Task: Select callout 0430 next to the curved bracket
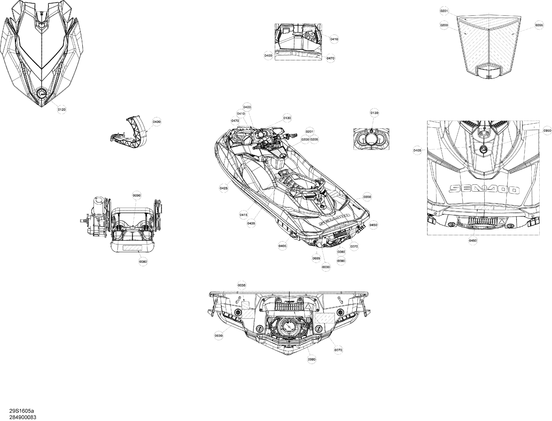[157, 122]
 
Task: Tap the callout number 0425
[224, 188]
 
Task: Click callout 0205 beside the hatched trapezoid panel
[539, 25]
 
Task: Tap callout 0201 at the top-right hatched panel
[444, 11]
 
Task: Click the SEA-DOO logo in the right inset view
[483, 189]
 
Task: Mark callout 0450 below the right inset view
[473, 241]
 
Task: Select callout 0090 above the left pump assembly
[137, 196]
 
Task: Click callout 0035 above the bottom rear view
[242, 285]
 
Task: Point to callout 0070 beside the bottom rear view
[338, 350]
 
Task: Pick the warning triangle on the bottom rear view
[308, 306]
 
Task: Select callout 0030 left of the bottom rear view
[219, 336]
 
